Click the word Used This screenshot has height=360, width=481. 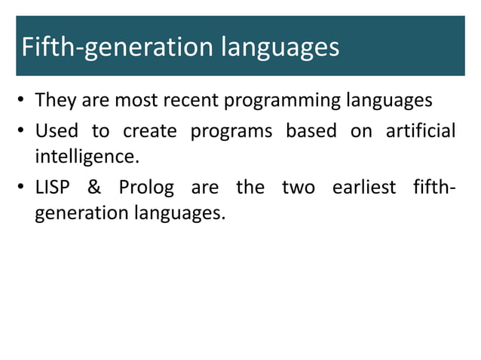[x=57, y=131]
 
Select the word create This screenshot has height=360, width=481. [x=150, y=131]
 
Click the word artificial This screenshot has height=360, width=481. [x=420, y=131]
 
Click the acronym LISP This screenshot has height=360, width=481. [x=53, y=187]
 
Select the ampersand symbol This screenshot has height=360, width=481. [x=95, y=187]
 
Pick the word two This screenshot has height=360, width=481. [x=298, y=187]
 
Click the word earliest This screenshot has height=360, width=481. [x=364, y=187]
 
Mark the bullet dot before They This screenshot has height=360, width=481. [x=23, y=101]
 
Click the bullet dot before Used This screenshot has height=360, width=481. [x=23, y=132]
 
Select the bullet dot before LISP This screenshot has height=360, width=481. [x=23, y=188]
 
